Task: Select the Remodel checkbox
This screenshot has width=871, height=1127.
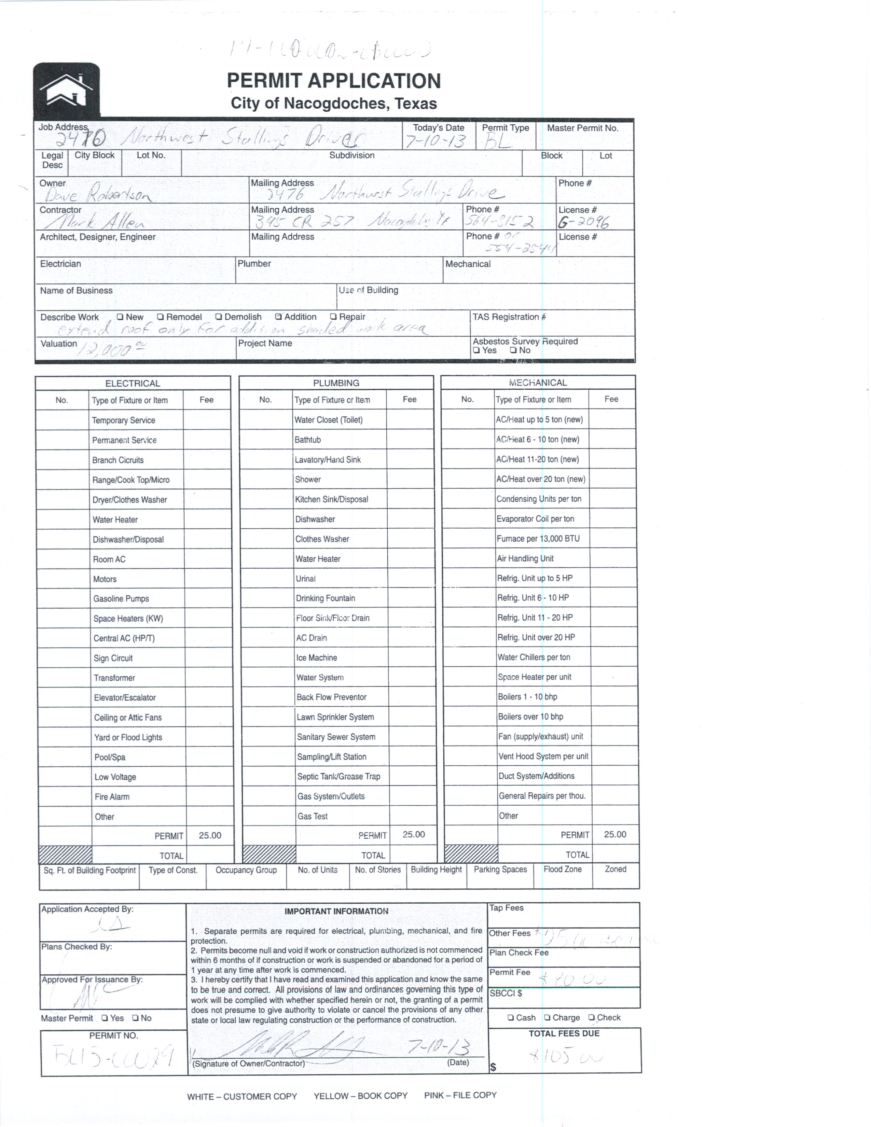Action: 161,317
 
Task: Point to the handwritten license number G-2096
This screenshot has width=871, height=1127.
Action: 583,222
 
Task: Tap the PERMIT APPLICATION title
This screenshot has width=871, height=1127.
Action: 334,81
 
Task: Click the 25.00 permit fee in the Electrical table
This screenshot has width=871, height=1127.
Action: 210,835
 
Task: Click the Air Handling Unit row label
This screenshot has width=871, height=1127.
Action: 525,558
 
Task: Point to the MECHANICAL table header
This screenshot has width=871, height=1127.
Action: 538,383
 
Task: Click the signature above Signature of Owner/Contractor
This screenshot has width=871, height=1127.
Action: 299,1046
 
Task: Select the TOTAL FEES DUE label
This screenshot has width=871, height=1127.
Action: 564,1034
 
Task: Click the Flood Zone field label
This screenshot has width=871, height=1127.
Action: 563,869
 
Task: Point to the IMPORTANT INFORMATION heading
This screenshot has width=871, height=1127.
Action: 336,911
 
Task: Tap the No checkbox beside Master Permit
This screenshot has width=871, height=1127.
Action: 135,1018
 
